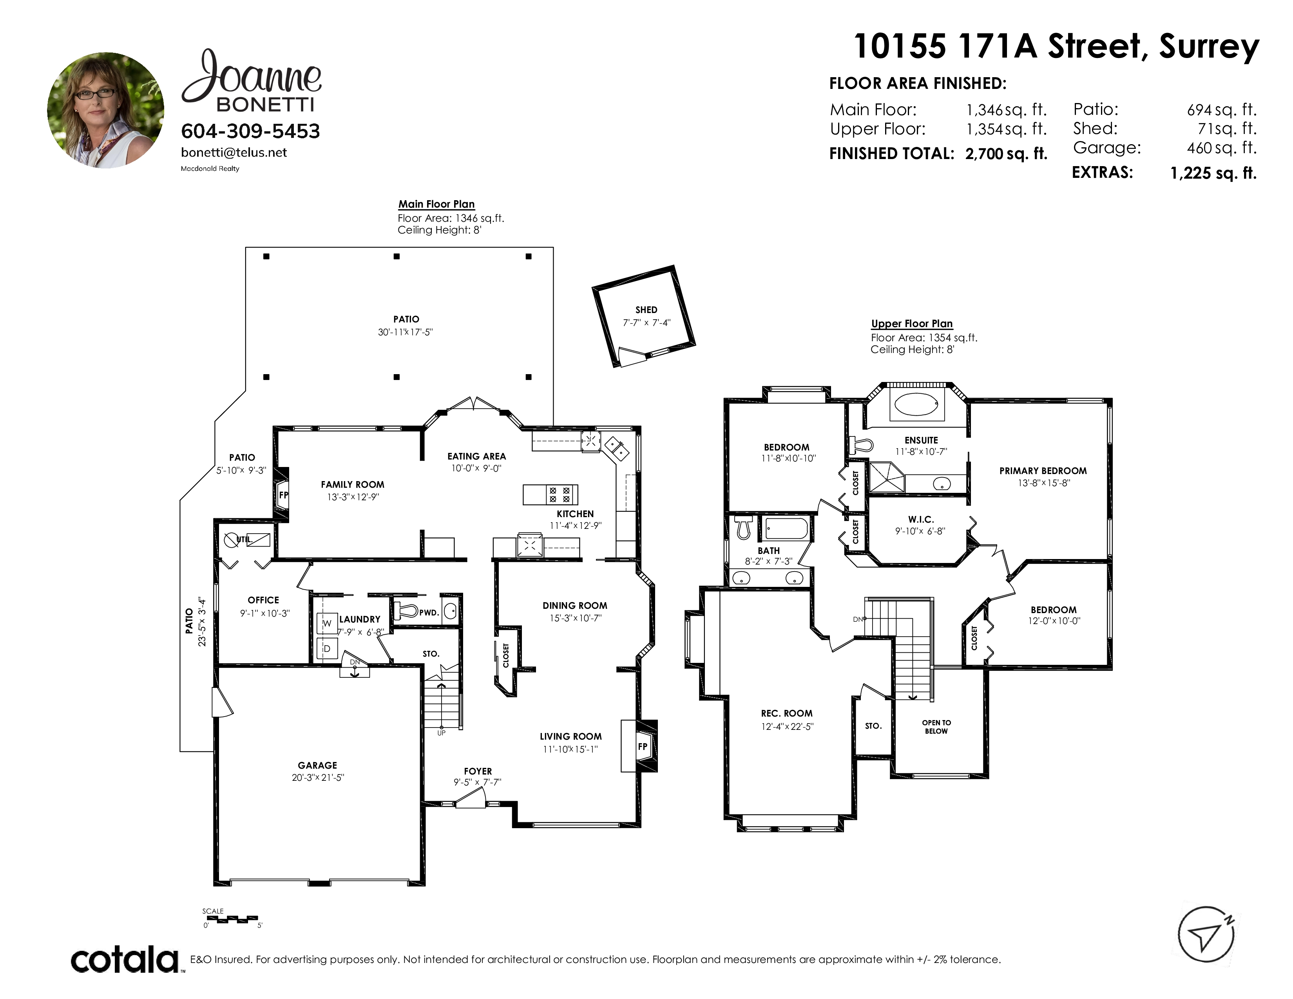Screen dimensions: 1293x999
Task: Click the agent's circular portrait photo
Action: pos(106,110)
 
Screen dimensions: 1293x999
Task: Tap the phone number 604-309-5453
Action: pos(250,131)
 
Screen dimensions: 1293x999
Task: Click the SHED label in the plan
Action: pos(646,309)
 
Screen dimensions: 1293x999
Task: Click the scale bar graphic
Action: pos(231,919)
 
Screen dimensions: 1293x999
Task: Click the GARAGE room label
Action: pos(317,765)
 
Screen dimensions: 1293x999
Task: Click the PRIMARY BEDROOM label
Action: pos(1043,471)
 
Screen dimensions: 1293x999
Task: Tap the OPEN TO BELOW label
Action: pos(936,727)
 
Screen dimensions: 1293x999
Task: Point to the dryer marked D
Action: pos(327,649)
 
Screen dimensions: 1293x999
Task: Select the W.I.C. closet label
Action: pos(921,519)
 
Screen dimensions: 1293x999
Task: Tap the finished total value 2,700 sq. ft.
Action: pos(1007,154)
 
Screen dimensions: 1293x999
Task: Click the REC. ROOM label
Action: pos(787,713)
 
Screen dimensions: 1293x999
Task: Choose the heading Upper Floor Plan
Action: pos(912,324)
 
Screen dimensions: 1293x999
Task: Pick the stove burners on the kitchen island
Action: pos(560,495)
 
